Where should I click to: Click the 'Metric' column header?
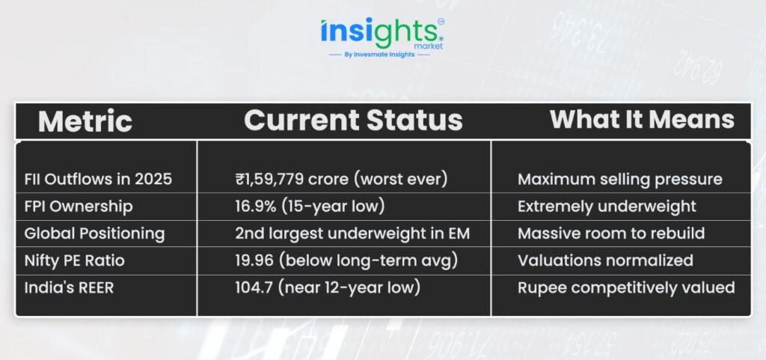pyautogui.click(x=85, y=121)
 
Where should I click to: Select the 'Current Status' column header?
pyautogui.click(x=353, y=120)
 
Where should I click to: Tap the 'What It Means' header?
pyautogui.click(x=642, y=119)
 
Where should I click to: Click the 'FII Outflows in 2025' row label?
pyautogui.click(x=98, y=180)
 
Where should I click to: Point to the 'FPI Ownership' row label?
pyautogui.click(x=79, y=207)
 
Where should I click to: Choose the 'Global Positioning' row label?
pyautogui.click(x=95, y=234)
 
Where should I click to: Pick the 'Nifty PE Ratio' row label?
pyautogui.click(x=74, y=260)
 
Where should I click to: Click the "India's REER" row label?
pyautogui.click(x=69, y=287)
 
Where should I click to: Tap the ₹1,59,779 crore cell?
pyautogui.click(x=341, y=180)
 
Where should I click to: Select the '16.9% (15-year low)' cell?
pyautogui.click(x=310, y=206)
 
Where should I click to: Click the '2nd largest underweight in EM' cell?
pyautogui.click(x=352, y=234)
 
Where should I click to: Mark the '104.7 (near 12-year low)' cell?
pyautogui.click(x=328, y=287)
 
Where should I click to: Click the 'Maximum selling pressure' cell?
pyautogui.click(x=620, y=180)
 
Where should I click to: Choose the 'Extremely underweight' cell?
pyautogui.click(x=607, y=207)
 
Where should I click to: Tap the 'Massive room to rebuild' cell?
pyautogui.click(x=611, y=234)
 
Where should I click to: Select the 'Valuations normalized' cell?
pyautogui.click(x=605, y=260)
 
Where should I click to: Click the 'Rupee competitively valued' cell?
pyautogui.click(x=626, y=287)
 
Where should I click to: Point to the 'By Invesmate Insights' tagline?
pyautogui.click(x=379, y=55)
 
